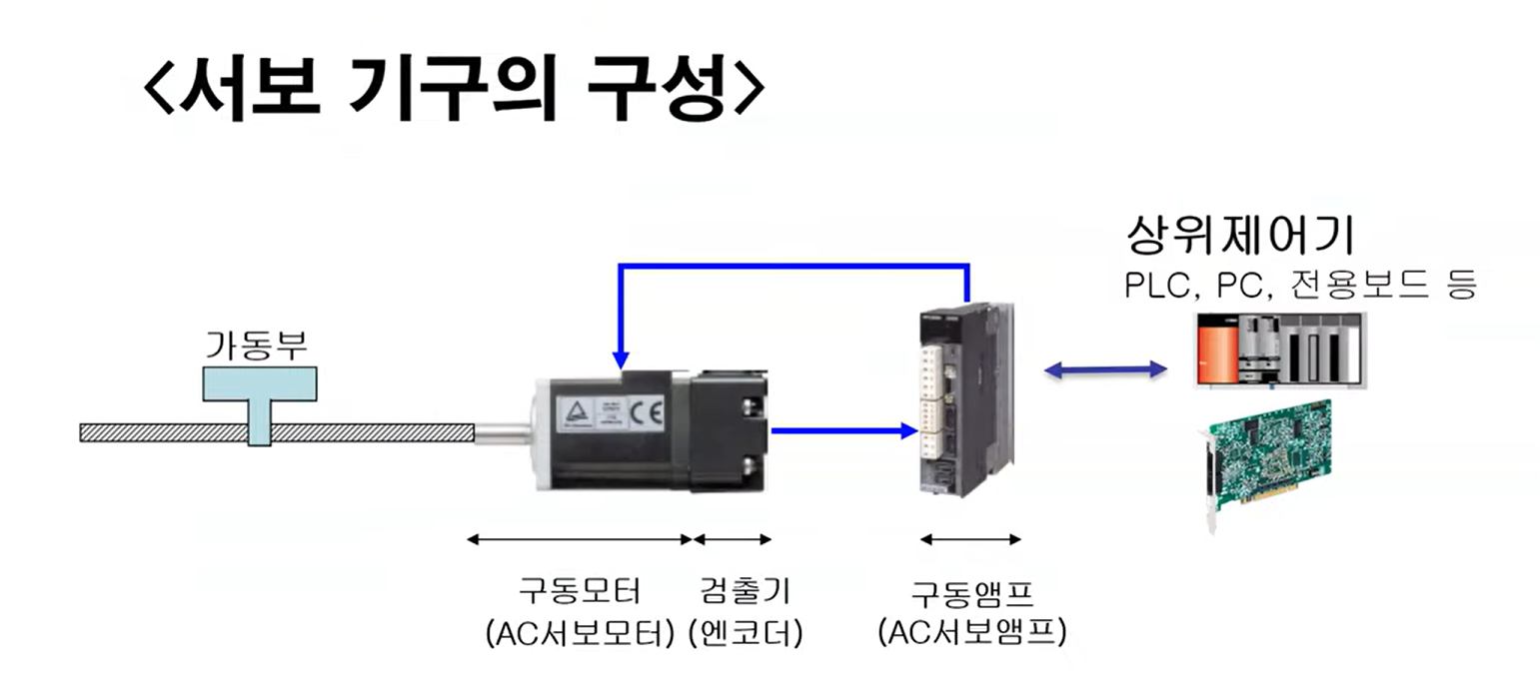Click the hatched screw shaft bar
coord(370,432)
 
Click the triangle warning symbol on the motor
coord(577,411)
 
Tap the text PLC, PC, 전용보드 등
coord(1300,286)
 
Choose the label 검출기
coord(745,591)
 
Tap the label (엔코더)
coord(745,634)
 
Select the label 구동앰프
coord(971,591)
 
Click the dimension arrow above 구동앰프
coord(970,540)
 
